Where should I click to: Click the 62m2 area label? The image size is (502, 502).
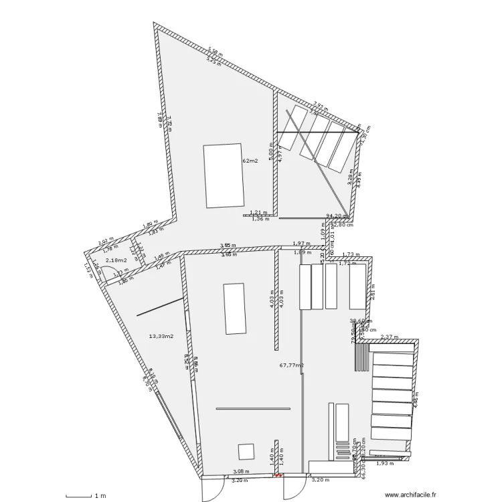[x=250, y=161]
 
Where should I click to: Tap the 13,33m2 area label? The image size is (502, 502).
[x=161, y=337]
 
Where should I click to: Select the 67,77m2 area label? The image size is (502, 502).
[x=291, y=365]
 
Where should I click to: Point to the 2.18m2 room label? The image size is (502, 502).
[x=116, y=260]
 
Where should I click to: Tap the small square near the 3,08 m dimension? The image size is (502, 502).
[x=246, y=451]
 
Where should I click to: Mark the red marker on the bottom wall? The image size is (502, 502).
[x=278, y=476]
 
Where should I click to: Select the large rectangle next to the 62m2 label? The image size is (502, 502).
[x=224, y=175]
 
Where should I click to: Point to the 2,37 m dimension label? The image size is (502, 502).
[x=389, y=337]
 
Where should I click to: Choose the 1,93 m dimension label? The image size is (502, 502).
[x=383, y=463]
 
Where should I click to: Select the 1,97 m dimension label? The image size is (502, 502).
[x=301, y=244]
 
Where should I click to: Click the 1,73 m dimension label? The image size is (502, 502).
[x=350, y=254]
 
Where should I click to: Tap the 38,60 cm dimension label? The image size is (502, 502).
[x=361, y=321]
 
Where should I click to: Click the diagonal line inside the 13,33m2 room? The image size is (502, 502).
[x=161, y=307]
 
